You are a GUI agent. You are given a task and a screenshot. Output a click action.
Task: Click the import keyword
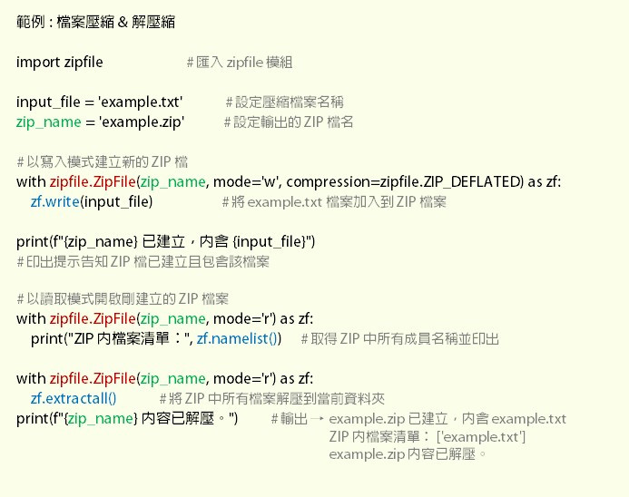point(38,62)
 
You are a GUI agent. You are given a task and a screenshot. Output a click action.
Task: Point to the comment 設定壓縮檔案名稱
point(284,102)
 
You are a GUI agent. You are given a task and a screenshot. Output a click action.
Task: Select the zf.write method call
point(56,201)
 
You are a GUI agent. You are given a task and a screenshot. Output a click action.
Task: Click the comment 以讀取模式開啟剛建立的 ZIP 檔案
point(123,298)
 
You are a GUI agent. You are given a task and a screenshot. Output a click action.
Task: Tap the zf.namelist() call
point(238,338)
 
